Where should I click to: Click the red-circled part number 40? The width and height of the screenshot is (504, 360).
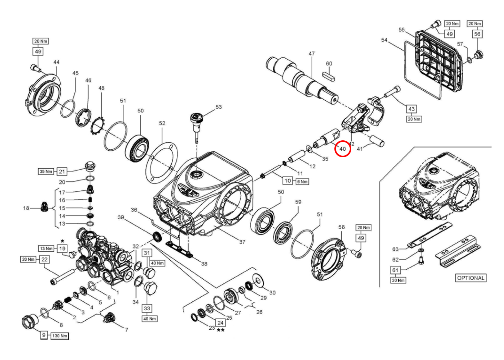click(343, 149)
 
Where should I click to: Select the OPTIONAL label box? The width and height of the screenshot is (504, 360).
click(471, 278)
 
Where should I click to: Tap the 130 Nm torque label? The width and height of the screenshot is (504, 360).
click(60, 336)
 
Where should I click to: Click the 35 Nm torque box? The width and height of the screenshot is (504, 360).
click(46, 171)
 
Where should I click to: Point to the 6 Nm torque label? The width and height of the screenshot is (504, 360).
click(302, 181)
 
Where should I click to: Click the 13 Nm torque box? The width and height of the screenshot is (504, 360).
click(46, 248)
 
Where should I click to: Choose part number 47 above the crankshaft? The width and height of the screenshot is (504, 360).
click(312, 54)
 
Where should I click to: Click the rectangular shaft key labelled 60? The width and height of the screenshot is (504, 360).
click(329, 77)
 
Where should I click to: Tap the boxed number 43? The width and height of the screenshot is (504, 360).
click(412, 109)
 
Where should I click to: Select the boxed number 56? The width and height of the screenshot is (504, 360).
click(477, 34)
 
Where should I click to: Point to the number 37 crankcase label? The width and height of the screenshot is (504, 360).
click(242, 242)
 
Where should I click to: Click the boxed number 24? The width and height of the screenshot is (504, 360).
click(220, 323)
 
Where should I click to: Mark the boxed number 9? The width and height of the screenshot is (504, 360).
click(44, 335)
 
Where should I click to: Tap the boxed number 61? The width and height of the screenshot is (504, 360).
click(395, 270)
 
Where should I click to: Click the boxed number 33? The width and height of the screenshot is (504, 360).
click(147, 308)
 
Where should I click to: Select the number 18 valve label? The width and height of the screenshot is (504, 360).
click(26, 208)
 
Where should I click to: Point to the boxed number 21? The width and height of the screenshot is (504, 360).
click(62, 171)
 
